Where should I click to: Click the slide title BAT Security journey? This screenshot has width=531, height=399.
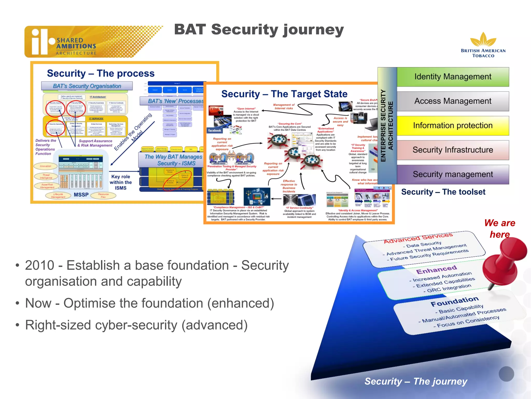coord(259,30)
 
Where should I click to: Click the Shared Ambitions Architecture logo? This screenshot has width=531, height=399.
coord(78,42)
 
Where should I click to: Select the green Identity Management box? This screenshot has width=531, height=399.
coord(453,77)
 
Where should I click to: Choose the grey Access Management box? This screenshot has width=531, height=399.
coord(453,101)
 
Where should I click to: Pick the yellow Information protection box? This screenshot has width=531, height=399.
coord(453,126)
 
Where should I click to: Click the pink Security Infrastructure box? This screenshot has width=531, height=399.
coord(453,150)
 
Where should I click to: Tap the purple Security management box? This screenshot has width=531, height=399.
coord(453,174)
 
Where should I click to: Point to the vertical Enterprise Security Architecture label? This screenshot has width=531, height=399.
coord(387,126)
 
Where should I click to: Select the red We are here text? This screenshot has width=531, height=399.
coord(500,229)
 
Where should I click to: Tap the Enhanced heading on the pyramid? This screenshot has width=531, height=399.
coord(436,270)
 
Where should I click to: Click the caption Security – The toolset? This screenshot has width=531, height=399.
coord(443,192)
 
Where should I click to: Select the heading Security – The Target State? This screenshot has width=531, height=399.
coord(284,94)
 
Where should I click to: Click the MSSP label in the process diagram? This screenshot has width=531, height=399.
coord(81,195)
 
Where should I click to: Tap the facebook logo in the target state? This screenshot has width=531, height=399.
coord(215,131)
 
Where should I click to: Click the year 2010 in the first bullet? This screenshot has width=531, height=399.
coord(40,265)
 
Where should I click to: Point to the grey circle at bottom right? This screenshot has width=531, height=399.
coord(506,374)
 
